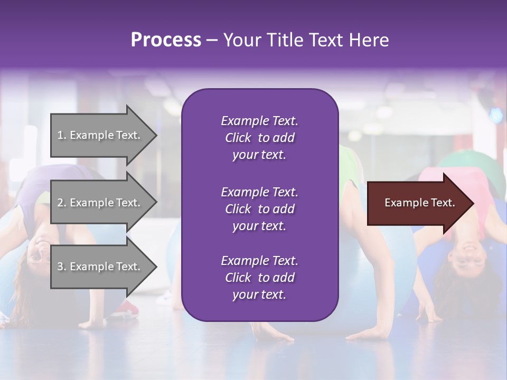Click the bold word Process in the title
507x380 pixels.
coord(166,40)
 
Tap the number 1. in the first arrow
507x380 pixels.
coord(62,135)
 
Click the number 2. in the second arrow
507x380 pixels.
coord(62,203)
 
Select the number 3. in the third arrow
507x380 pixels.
coord(62,267)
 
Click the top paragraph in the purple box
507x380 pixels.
coord(259,138)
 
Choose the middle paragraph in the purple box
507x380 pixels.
coord(259,209)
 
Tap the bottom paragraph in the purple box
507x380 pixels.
coord(259,278)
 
